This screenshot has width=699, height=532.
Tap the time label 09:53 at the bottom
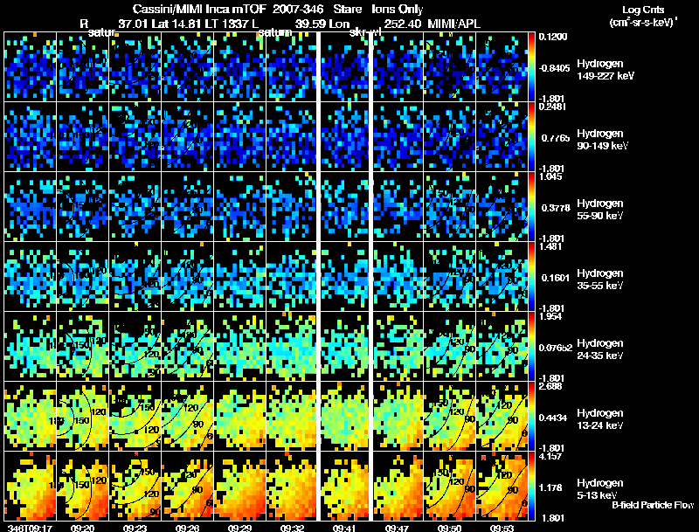coord(501,527)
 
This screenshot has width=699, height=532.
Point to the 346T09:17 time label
coord(24,527)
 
